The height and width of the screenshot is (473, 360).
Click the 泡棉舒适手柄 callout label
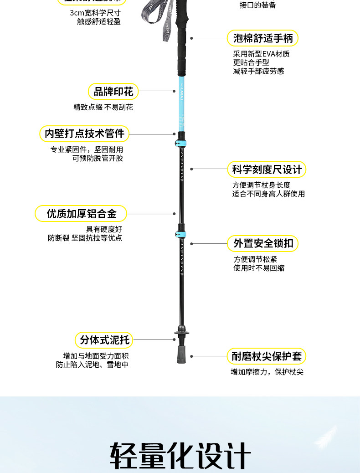[x=262, y=38]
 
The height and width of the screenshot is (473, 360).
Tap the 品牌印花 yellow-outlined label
[x=113, y=92]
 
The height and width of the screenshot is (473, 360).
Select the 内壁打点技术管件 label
[x=84, y=134]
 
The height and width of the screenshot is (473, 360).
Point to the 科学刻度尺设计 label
[x=267, y=170]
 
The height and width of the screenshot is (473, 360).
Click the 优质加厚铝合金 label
[x=81, y=213]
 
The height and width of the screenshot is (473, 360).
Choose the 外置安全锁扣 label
[x=263, y=243]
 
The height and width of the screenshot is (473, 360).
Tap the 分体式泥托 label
[x=104, y=339]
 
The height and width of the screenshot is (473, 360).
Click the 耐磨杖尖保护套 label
[x=267, y=356]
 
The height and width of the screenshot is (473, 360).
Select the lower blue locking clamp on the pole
[x=180, y=234]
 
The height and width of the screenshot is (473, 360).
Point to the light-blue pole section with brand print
[x=181, y=103]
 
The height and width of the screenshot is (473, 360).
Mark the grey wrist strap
[x=155, y=21]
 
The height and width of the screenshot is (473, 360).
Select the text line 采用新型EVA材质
[x=261, y=54]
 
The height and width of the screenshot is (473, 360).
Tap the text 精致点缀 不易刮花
[x=103, y=108]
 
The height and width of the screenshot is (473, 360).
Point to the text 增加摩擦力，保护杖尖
[x=267, y=372]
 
